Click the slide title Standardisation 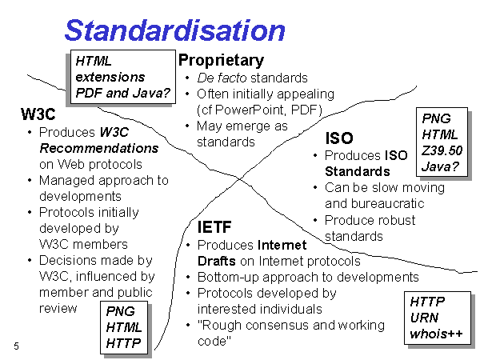click(x=175, y=30)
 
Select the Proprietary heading click(x=221, y=60)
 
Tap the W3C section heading click(x=38, y=114)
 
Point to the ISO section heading click(x=339, y=138)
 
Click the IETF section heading click(x=214, y=227)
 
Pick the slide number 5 click(x=16, y=346)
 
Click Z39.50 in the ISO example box click(x=442, y=150)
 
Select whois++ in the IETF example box click(x=436, y=334)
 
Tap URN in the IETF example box click(x=424, y=318)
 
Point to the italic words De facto click(x=222, y=78)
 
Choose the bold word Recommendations click(x=99, y=149)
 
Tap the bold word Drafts click(x=217, y=261)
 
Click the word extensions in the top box click(x=110, y=77)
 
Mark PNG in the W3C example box click(x=120, y=312)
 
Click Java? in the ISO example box click(x=440, y=166)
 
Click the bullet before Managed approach click(x=30, y=180)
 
